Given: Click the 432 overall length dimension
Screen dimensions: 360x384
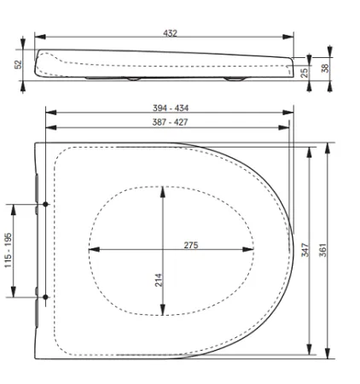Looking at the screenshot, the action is coord(170,33).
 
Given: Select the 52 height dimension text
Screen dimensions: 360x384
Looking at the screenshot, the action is coord(18,64).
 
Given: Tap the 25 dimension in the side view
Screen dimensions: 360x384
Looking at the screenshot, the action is coord(304,73).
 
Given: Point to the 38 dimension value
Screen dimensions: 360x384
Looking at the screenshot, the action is coord(325,68).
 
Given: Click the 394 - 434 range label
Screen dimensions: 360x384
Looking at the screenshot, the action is coord(171,108).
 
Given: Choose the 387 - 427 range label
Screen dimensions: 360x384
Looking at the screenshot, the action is coord(170,122).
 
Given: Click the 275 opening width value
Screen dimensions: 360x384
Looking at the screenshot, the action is coord(191,245).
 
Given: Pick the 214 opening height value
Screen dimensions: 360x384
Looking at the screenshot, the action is coord(159,280).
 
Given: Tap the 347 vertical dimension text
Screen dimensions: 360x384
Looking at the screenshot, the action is coord(305,250).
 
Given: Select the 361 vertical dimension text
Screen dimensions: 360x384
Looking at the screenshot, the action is coord(323,250).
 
